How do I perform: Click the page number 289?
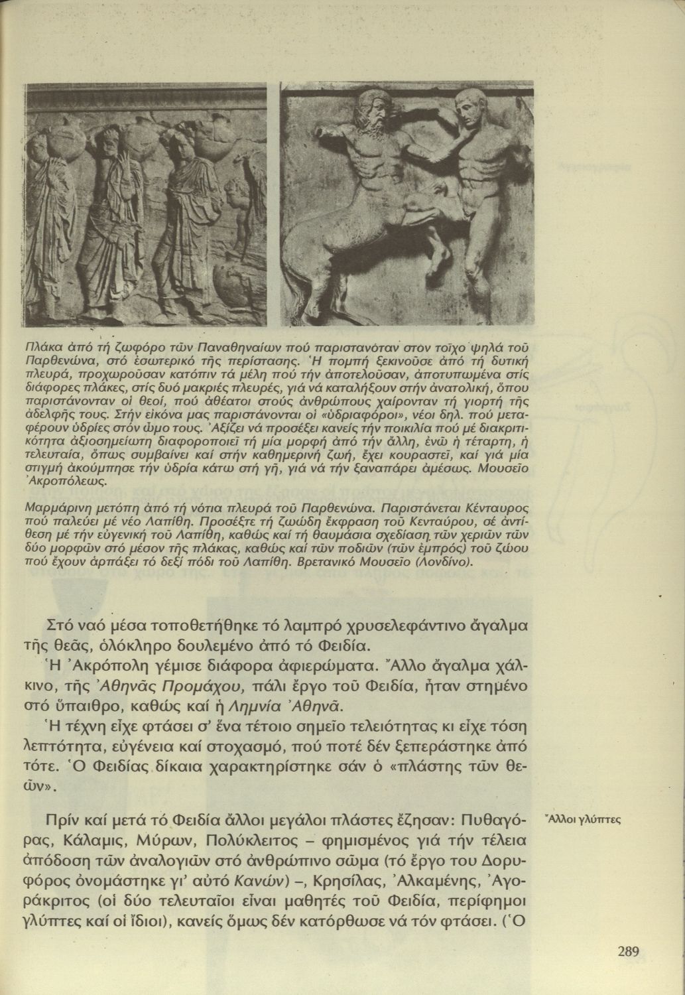(x=628, y=952)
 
